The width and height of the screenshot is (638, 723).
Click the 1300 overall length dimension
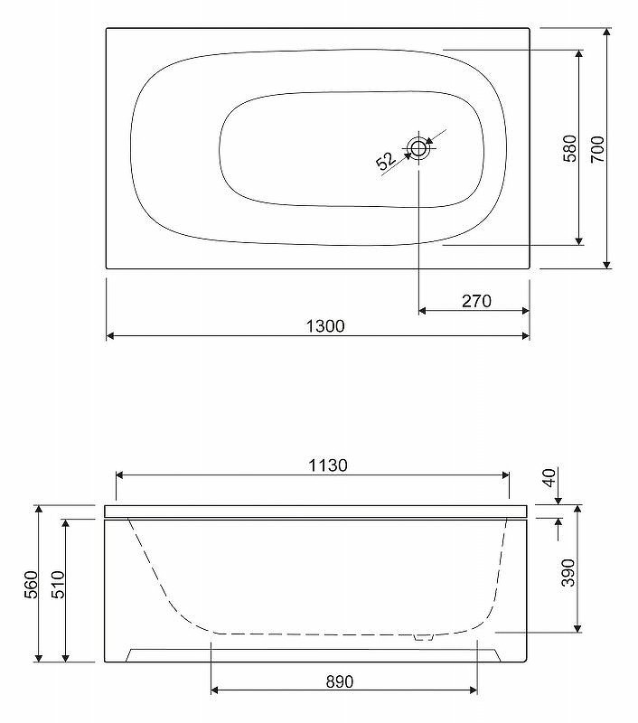(x=325, y=326)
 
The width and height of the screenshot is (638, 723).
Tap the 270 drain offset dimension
(x=476, y=301)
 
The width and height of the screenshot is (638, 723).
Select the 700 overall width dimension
(x=597, y=148)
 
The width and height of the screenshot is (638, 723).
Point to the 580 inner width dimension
(x=570, y=148)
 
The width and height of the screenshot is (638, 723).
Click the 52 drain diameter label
(x=386, y=161)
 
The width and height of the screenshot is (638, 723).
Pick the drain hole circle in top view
(x=418, y=148)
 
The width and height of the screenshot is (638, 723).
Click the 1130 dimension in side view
(x=328, y=465)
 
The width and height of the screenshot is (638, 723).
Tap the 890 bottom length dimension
(x=340, y=681)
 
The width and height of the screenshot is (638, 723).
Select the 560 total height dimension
(x=32, y=584)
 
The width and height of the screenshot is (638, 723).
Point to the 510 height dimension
(x=58, y=584)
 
